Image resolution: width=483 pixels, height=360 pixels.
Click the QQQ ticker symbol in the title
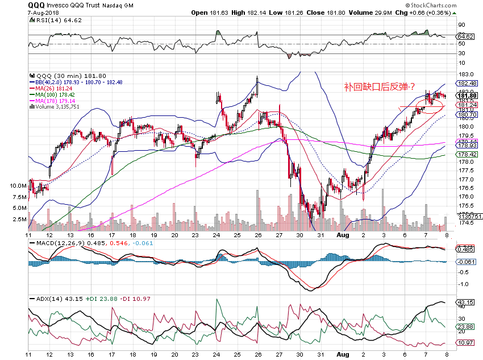(37, 5)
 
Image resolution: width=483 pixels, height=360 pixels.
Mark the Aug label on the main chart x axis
(343, 234)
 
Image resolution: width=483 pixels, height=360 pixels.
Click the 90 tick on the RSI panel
(461, 25)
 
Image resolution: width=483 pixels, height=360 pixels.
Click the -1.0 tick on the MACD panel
(465, 284)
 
